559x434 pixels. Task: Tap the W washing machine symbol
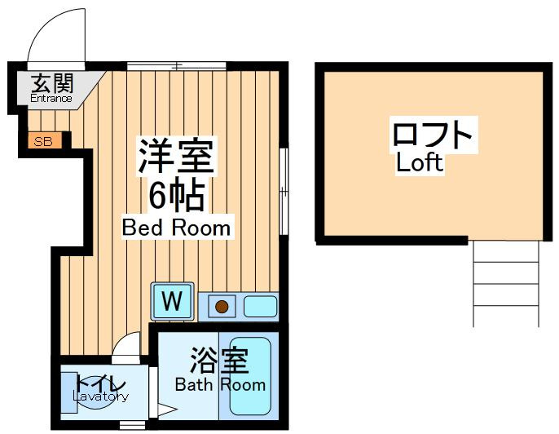click(x=173, y=301)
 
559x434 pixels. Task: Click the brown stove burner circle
click(x=222, y=306)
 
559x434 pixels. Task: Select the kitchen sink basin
click(x=260, y=306)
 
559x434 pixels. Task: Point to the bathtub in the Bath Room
click(x=250, y=376)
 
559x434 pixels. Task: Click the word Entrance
click(x=51, y=98)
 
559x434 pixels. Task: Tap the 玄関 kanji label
click(x=52, y=83)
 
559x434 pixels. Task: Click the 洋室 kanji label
click(x=176, y=156)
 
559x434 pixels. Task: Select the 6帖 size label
click(x=177, y=196)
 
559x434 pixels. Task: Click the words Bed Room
click(x=176, y=228)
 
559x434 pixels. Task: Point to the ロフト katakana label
click(x=432, y=134)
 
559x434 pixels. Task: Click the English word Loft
click(x=420, y=162)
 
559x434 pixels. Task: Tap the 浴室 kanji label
click(x=219, y=360)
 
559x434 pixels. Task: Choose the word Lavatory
click(x=100, y=396)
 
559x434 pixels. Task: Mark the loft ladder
click(x=506, y=284)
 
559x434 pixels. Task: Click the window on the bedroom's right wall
click(x=284, y=191)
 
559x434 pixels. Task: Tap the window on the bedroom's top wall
click(x=177, y=66)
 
